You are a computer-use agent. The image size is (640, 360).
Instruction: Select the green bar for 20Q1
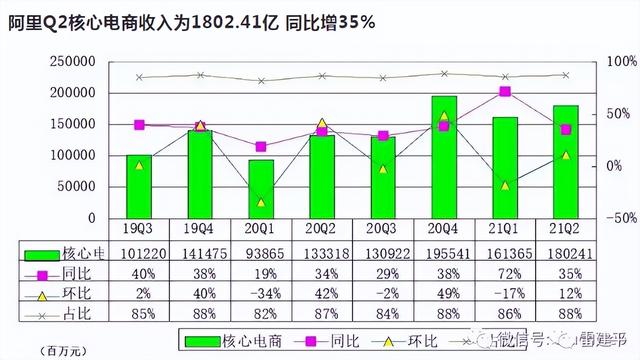click(261, 188)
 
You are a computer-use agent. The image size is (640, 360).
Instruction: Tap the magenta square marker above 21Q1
click(505, 92)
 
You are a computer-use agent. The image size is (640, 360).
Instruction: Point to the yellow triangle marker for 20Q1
click(261, 202)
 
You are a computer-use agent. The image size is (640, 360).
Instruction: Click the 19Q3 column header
click(140, 228)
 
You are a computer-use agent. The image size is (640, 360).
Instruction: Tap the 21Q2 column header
click(566, 228)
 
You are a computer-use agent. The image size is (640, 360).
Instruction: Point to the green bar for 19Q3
click(140, 186)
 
